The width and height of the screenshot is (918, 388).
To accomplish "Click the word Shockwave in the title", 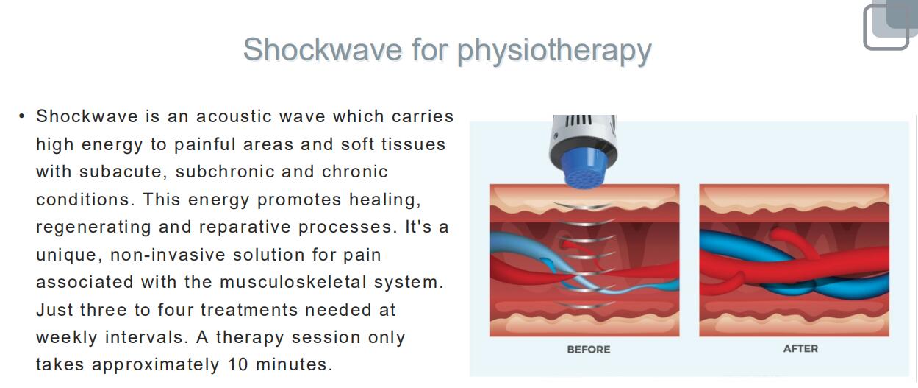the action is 323,49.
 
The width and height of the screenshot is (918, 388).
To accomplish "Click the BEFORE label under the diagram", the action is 589,350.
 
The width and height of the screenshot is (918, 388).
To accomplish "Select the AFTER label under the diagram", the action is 800,348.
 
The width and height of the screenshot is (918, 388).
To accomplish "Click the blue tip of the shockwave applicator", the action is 584,168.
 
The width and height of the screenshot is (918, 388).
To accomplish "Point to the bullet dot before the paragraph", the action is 22,116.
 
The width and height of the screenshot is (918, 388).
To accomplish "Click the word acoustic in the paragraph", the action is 234,116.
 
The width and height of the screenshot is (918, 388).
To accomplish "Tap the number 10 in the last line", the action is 237,364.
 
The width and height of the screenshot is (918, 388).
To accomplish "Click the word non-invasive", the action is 168,255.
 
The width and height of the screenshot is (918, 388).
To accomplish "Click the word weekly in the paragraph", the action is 67,337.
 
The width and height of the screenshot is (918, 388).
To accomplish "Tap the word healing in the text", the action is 384,200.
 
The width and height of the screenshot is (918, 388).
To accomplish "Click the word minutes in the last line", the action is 293,364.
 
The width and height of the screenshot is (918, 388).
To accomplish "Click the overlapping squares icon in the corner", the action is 890,26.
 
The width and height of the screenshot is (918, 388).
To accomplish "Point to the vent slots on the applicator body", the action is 578,120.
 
